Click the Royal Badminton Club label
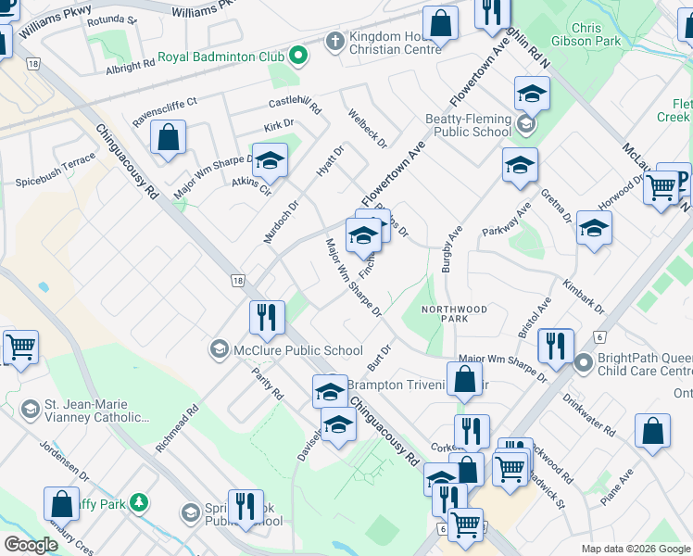coord(220,57)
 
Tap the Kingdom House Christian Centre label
coord(395,44)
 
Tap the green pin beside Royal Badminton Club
coord(297,57)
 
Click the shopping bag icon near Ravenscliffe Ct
coord(169,138)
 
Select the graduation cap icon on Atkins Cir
coord(270,160)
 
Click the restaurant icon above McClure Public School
coord(267,318)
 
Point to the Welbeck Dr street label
coord(368,129)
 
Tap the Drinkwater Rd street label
coord(587,417)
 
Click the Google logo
coord(31,544)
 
